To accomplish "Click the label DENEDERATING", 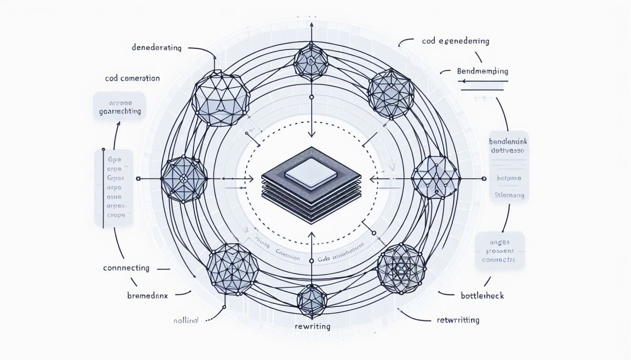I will [x=156, y=48].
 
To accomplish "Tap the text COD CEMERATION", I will [x=132, y=78].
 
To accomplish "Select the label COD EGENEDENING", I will [x=455, y=40].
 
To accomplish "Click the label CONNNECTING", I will [x=126, y=268].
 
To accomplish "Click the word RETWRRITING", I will [x=458, y=320].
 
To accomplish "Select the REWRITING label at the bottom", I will [x=312, y=326].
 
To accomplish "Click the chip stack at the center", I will [x=311, y=188].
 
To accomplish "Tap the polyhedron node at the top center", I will [x=311, y=60].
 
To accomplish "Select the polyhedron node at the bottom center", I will [x=312, y=299].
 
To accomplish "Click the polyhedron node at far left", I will [x=181, y=178].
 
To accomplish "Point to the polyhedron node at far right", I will [x=435, y=177].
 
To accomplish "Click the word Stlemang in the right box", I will [x=510, y=195].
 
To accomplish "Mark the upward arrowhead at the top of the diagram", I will [x=311, y=25].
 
